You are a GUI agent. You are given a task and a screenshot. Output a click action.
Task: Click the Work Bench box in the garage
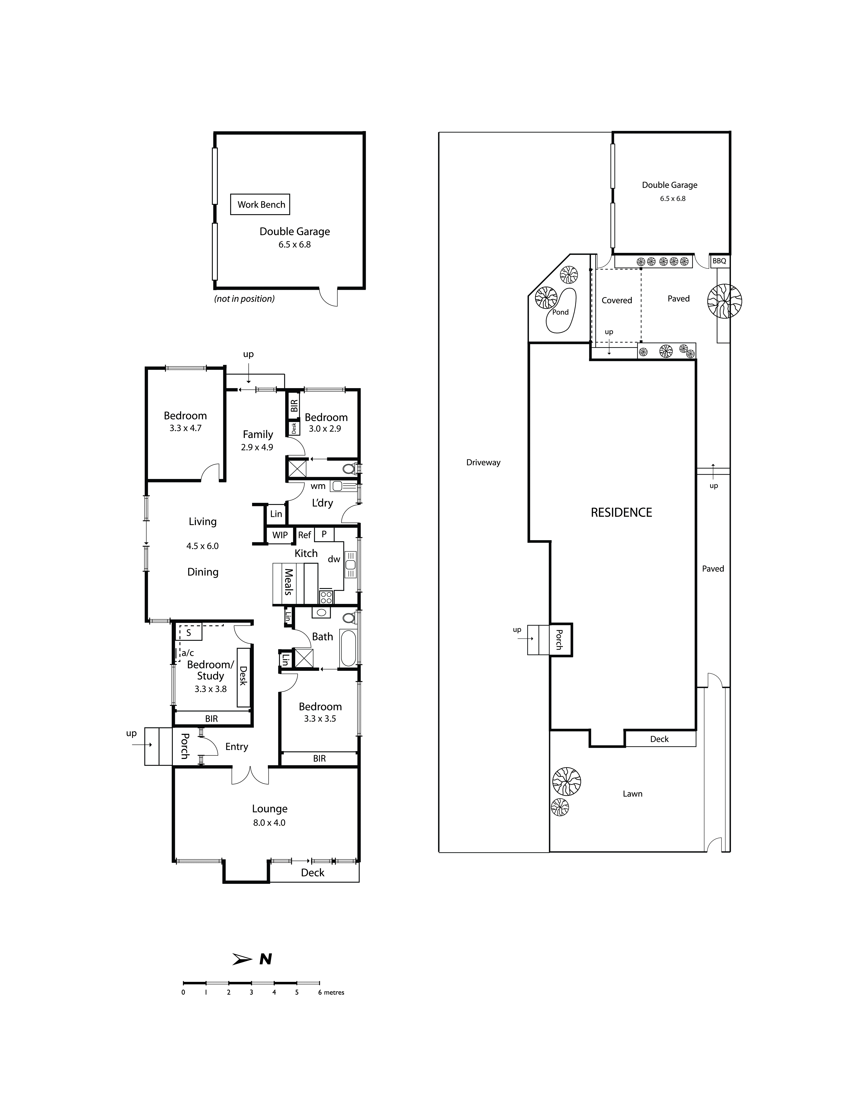[x=260, y=204]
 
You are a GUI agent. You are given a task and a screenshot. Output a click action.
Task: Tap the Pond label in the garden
[x=560, y=312]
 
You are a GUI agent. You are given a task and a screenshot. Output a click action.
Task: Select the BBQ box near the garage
[x=719, y=261]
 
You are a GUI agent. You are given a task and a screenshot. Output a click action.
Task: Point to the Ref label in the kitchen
[x=304, y=535]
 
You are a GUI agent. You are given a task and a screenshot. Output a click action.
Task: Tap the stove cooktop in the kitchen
[x=326, y=596]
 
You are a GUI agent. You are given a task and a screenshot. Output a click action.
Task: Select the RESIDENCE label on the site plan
[x=621, y=512]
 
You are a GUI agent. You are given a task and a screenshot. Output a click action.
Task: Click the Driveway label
[x=483, y=462]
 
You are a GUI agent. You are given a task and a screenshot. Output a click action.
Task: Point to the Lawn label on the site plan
[x=632, y=794]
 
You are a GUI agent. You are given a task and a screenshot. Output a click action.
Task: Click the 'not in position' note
[x=244, y=299]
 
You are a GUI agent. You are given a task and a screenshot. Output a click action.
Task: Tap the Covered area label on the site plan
[x=617, y=300]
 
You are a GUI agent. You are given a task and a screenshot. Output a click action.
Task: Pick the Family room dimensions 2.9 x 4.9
[x=257, y=447]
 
